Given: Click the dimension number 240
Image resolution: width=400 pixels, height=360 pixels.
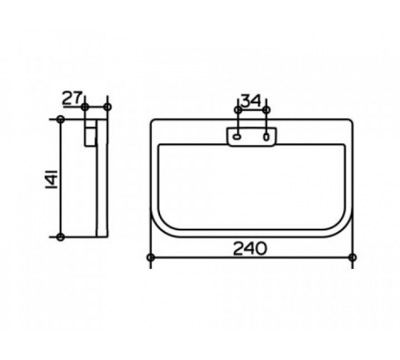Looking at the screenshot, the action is [250, 248].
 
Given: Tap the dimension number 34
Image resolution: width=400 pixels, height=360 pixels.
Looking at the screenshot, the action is [251, 101].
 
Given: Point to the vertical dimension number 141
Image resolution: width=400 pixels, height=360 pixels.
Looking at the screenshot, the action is [51, 178].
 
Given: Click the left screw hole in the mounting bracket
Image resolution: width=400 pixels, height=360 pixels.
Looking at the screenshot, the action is [237, 137].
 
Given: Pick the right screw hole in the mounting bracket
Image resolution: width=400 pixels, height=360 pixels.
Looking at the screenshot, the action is [266, 137].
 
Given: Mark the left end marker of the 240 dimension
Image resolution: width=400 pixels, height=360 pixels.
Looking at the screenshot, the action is [150, 258].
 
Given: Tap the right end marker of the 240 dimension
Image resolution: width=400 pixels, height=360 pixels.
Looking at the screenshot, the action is [353, 258].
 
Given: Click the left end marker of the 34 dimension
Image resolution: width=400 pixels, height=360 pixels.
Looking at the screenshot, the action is [238, 110].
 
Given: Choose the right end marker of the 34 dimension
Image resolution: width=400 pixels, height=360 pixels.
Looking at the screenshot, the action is [266, 110].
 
